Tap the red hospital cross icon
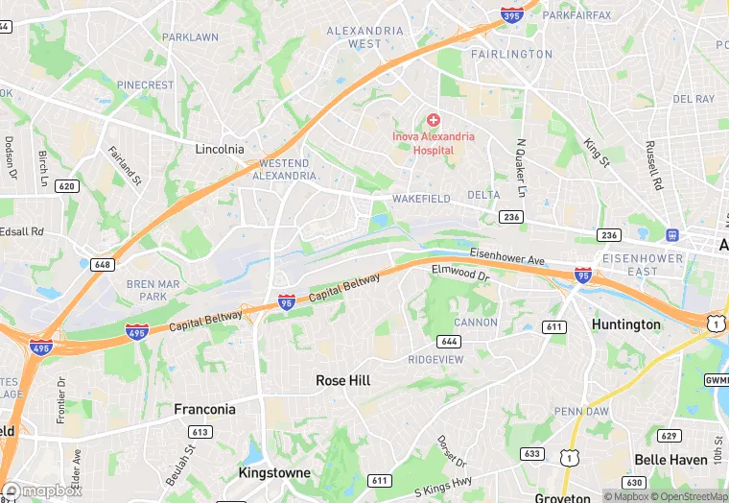click(434, 120)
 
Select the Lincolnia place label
click(220, 150)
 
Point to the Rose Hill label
click(343, 381)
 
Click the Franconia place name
click(204, 409)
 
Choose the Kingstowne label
click(274, 473)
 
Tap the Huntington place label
click(626, 324)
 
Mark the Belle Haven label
click(670, 460)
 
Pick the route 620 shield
click(66, 185)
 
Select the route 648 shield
click(103, 263)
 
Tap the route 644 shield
click(448, 341)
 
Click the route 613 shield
click(200, 432)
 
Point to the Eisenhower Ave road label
click(507, 256)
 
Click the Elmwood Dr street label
click(460, 274)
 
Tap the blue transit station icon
click(672, 234)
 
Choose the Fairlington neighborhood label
click(511, 54)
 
